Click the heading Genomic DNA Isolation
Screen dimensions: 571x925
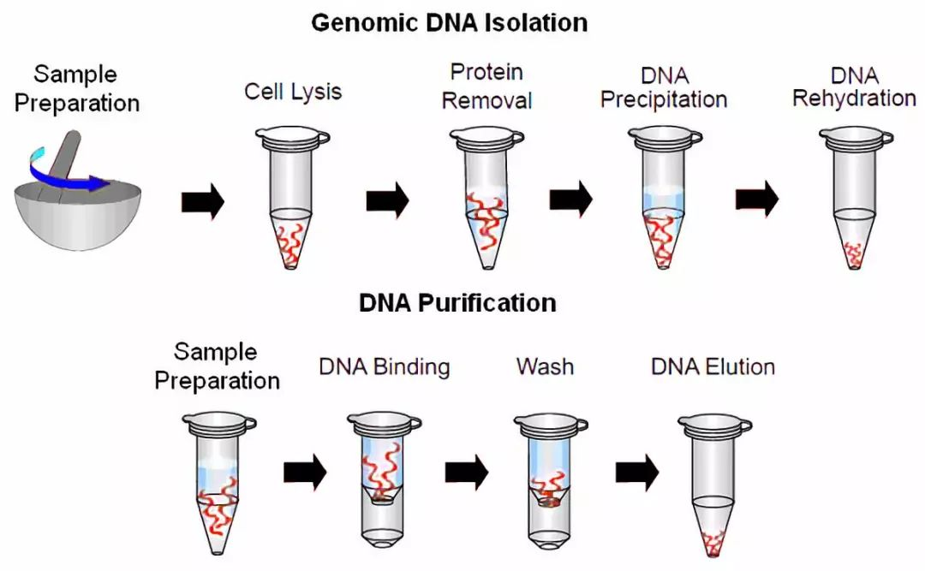(449, 22)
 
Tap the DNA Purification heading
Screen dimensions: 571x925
(457, 302)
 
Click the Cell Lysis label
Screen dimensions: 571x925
(293, 91)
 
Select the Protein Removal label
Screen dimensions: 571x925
(486, 86)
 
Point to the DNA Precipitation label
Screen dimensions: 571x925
(664, 88)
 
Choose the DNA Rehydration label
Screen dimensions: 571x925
(854, 86)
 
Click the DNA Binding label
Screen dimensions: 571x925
(385, 367)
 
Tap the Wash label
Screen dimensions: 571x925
(545, 367)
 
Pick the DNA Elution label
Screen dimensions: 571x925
(713, 367)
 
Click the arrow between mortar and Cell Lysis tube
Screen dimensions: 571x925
(203, 203)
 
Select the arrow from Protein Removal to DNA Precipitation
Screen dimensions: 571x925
(570, 200)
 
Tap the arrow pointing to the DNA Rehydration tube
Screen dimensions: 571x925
(757, 200)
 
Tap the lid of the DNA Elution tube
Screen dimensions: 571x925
(714, 423)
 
